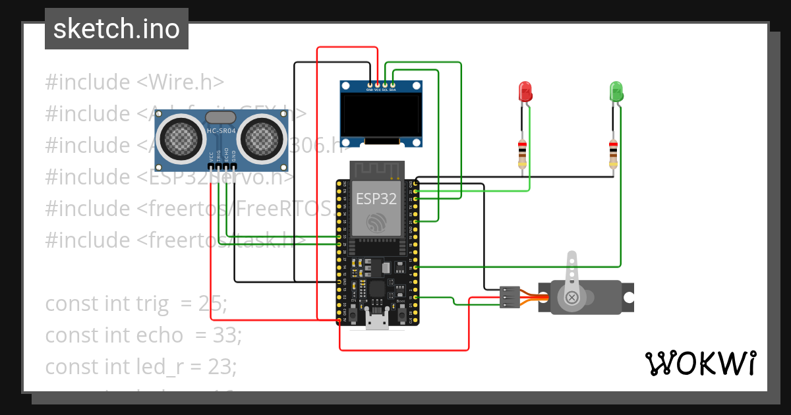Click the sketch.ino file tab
pyautogui.click(x=116, y=29)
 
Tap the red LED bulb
pyautogui.click(x=525, y=91)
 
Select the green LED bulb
pyautogui.click(x=616, y=91)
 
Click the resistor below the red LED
pyautogui.click(x=523, y=152)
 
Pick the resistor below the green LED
pyautogui.click(x=613, y=152)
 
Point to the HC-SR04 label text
pyautogui.click(x=221, y=131)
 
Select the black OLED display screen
pyautogui.click(x=381, y=116)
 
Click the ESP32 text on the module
pyautogui.click(x=376, y=198)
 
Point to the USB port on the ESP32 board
pyautogui.click(x=377, y=322)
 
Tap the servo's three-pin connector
pyautogui.click(x=508, y=297)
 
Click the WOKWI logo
pyautogui.click(x=700, y=363)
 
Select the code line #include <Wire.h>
pyautogui.click(x=134, y=82)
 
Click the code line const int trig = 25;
pyautogui.click(x=136, y=304)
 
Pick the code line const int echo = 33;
pyautogui.click(x=143, y=335)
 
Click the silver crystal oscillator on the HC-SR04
pyautogui.click(x=221, y=117)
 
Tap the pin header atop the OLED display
pyautogui.click(x=381, y=85)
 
